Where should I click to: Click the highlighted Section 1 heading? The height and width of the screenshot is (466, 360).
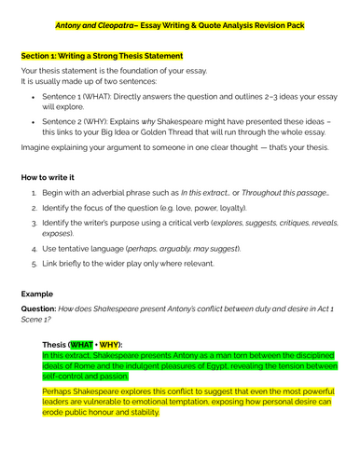(111, 56)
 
